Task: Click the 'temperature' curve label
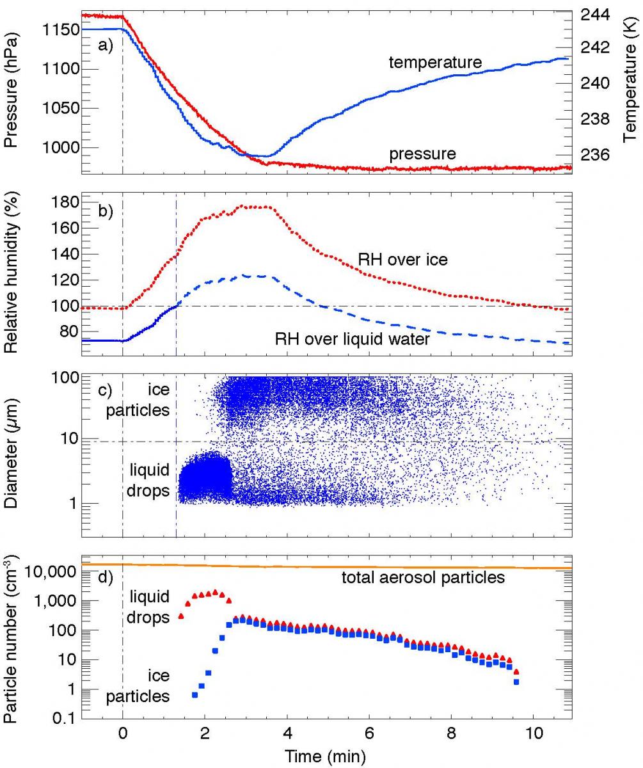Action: pyautogui.click(x=434, y=62)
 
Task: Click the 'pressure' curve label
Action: pyautogui.click(x=422, y=154)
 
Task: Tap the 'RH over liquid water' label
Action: pyautogui.click(x=352, y=339)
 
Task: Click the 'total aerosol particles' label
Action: pyautogui.click(x=423, y=578)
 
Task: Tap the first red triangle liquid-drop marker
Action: pyautogui.click(x=180, y=616)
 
